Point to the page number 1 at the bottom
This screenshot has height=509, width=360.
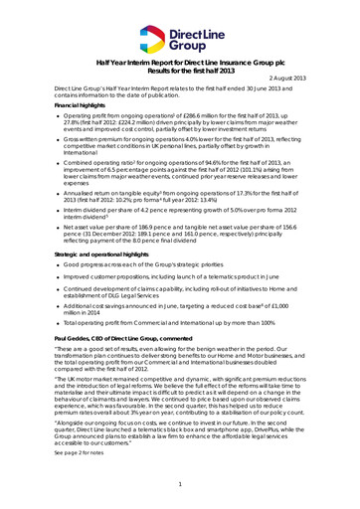180,483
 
